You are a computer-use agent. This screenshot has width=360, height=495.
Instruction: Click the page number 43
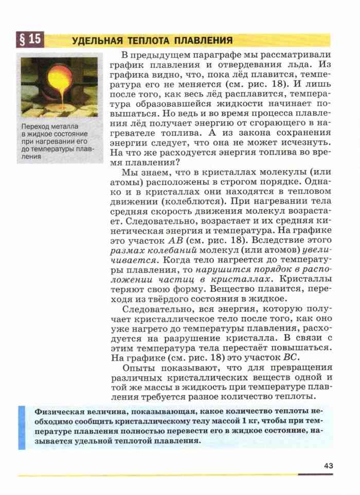pos(329,465)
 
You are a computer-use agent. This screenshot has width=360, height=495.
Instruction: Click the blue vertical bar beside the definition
pos(22,427)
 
